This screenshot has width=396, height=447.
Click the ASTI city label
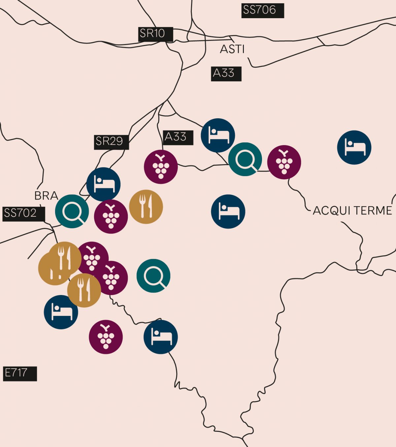click(x=232, y=49)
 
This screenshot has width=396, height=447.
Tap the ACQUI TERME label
click(x=352, y=210)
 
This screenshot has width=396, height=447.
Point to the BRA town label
click(x=46, y=196)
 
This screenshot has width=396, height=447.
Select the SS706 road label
click(x=262, y=10)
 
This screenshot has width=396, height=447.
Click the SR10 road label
click(x=155, y=34)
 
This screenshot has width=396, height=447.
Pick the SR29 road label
click(x=111, y=142)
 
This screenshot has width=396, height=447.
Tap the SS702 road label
click(x=23, y=213)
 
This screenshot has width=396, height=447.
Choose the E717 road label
click(x=19, y=373)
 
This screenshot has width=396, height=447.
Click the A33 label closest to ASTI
click(x=226, y=73)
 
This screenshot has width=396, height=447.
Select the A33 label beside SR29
click(x=178, y=137)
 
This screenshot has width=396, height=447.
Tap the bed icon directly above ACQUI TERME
click(x=354, y=147)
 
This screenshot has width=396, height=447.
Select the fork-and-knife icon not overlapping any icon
click(x=146, y=207)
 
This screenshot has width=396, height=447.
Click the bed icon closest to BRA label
click(x=103, y=184)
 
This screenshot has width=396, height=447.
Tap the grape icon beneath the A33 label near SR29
click(x=161, y=167)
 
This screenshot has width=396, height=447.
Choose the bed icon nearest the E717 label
click(x=61, y=312)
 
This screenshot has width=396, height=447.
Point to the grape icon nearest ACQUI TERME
click(x=284, y=162)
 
